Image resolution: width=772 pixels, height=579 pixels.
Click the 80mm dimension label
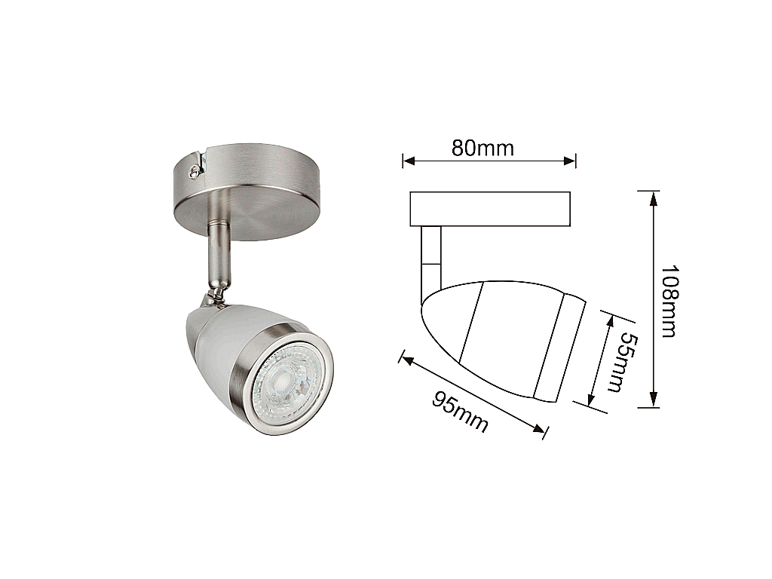[x=482, y=149]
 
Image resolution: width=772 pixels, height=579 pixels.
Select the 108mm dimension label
[x=669, y=302]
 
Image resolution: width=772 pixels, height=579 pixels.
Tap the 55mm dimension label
[x=621, y=363]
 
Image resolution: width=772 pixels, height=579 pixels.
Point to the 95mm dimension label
[x=460, y=412]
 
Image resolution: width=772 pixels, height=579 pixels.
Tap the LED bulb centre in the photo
[x=284, y=380]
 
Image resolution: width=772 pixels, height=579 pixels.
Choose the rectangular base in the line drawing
[x=490, y=209]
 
